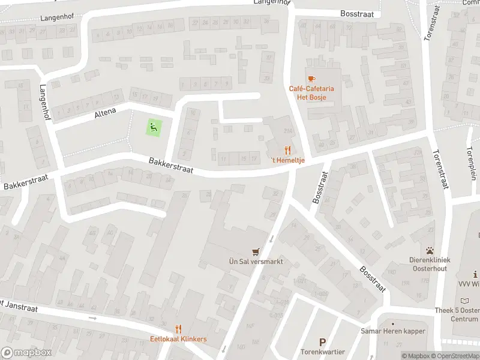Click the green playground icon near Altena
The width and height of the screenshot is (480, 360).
[x=154, y=127]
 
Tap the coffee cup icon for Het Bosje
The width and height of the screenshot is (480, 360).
[x=311, y=79]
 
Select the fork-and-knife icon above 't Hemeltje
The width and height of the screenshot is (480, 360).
[x=287, y=150]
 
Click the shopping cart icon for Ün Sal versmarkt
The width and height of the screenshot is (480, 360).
[x=256, y=252]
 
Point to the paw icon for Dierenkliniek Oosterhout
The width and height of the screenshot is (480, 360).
[x=430, y=250]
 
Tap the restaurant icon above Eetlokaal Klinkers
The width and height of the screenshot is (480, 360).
[x=178, y=329]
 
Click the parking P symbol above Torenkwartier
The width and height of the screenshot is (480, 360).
[x=323, y=341]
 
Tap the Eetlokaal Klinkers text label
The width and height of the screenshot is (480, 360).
[x=178, y=339]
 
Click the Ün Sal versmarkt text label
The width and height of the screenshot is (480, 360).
[x=256, y=262]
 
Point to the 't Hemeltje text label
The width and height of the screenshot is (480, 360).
[x=289, y=160]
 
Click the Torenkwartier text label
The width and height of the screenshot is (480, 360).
[x=323, y=352]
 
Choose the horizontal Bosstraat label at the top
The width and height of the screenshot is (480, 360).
[x=356, y=13]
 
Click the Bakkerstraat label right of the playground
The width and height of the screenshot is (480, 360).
[x=171, y=165]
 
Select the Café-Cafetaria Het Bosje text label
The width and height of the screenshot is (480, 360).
[x=311, y=92]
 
